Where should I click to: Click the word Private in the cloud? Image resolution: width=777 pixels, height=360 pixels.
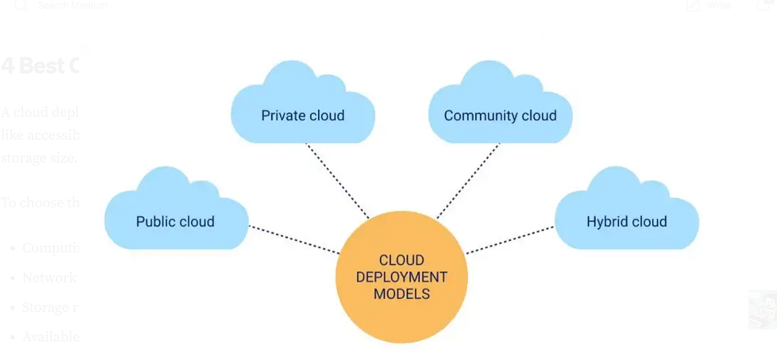pos(282,116)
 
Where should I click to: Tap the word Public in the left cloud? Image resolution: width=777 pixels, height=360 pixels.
pos(155,221)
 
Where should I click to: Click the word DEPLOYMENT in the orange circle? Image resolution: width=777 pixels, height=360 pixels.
pos(401,277)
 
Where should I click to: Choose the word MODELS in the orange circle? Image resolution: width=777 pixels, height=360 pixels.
pos(401,294)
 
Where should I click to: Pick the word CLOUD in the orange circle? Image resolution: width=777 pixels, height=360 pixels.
pos(401,260)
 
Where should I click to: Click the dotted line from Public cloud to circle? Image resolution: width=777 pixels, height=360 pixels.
pos(294,239)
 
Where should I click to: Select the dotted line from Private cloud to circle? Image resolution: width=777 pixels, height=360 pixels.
pos(337,181)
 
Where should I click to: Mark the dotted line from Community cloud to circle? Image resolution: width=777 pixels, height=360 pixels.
pos(468,181)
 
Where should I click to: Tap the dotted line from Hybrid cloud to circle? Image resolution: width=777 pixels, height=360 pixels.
pos(510,240)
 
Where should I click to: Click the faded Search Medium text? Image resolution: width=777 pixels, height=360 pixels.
pos(73,6)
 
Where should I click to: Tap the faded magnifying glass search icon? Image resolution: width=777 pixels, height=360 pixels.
pos(21,6)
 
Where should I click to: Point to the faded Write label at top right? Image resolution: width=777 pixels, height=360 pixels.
pos(719,6)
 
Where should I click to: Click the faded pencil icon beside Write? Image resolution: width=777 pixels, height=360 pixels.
pos(693,6)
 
